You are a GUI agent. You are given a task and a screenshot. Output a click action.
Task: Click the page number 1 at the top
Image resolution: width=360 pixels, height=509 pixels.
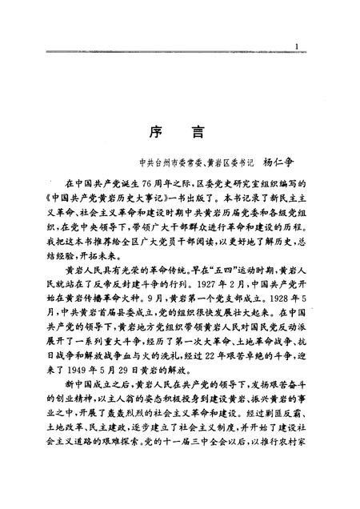tap(297, 47)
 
